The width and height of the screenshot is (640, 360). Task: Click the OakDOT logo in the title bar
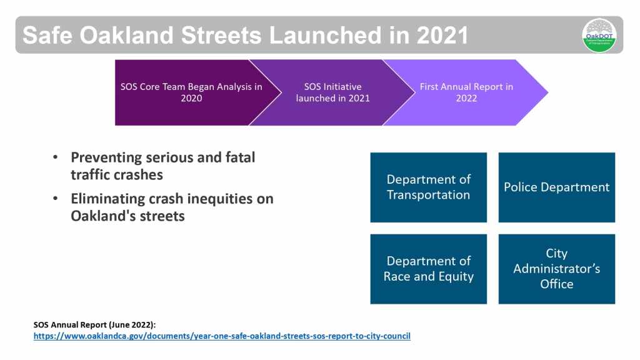click(x=599, y=36)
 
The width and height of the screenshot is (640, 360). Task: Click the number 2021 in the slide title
click(x=442, y=35)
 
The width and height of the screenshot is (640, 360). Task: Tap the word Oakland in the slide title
click(x=126, y=35)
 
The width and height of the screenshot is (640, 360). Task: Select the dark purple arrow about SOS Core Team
click(x=192, y=92)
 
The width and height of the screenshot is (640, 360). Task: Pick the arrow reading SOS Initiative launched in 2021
click(x=332, y=92)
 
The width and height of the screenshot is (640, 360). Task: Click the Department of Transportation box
click(x=429, y=187)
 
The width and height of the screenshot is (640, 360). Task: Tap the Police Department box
click(x=557, y=187)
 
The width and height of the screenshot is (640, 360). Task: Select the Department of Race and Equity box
click(x=429, y=269)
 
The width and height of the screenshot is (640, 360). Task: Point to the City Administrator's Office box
click(x=557, y=269)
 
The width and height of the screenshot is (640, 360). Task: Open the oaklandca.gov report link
click(x=222, y=336)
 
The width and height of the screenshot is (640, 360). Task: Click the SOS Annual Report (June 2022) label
click(x=95, y=325)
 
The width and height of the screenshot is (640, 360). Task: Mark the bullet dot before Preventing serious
click(x=56, y=157)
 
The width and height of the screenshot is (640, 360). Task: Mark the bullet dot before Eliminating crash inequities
click(x=56, y=198)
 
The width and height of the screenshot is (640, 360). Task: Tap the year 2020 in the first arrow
click(x=191, y=98)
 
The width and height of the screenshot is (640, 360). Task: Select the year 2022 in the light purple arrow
click(x=466, y=98)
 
